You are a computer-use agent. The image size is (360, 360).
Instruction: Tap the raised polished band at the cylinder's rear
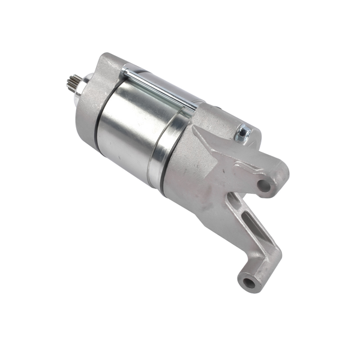coord(163,153)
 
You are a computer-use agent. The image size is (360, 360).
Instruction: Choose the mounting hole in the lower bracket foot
coord(248,280)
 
